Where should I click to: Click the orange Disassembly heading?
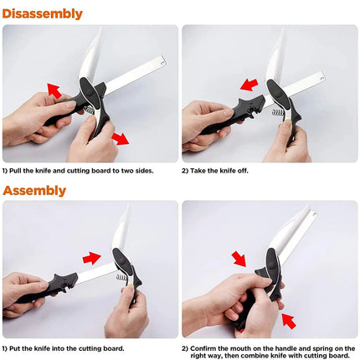click(42, 13)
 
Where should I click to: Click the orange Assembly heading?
click(33, 190)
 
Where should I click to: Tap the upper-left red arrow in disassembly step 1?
click(54, 89)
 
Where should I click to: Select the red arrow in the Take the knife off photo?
click(249, 85)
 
